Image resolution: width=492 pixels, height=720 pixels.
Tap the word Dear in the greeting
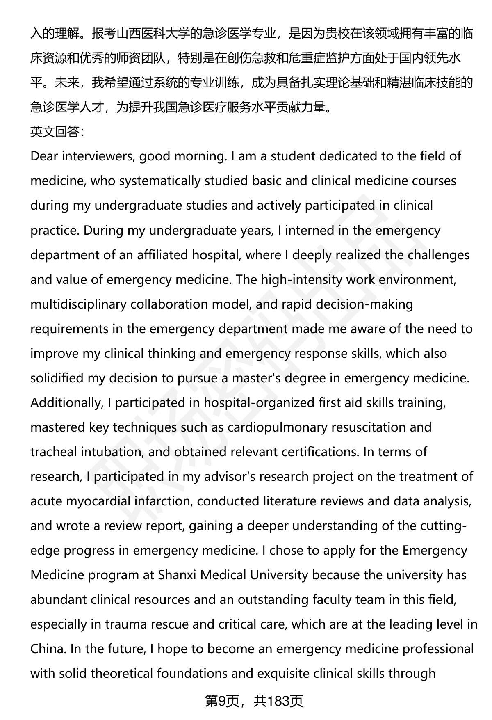[x=45, y=156]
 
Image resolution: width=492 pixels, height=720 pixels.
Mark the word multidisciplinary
[x=78, y=304]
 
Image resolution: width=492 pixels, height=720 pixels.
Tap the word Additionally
[x=65, y=402]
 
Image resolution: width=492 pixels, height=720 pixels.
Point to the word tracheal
[x=53, y=452]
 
